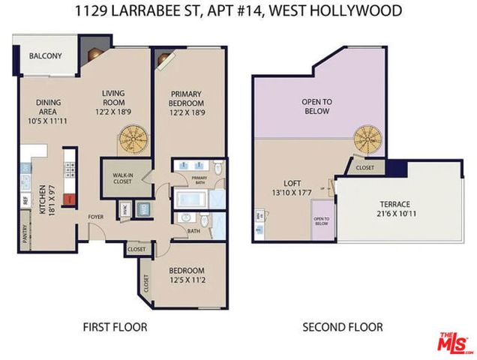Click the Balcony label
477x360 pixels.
45,56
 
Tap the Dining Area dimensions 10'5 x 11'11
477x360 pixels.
47,121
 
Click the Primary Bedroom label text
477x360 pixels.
187,98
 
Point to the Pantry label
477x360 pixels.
24,239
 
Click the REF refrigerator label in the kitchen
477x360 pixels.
24,201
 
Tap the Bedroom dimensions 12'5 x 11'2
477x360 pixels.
187,281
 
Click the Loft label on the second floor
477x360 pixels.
292,182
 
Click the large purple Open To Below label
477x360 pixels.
316,106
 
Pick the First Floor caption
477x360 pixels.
115,327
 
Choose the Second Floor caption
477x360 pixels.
342,327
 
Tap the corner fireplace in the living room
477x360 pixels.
92,55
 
